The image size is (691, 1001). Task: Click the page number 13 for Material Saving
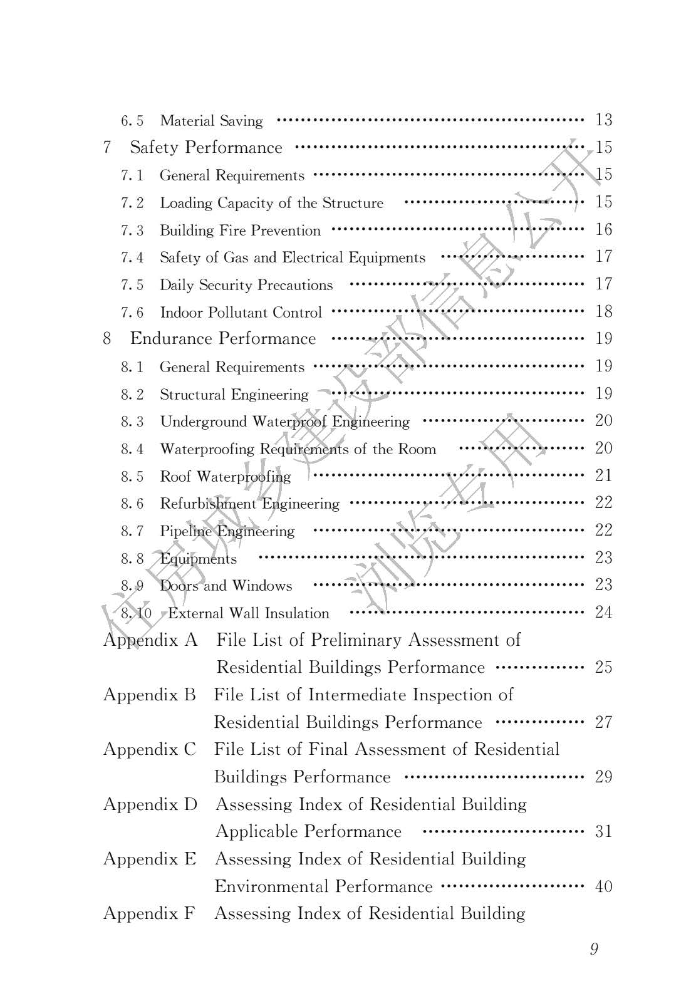point(603,120)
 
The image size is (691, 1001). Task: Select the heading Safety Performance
point(205,148)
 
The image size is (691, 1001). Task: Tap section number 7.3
point(132,231)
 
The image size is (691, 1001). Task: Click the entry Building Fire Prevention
point(240,231)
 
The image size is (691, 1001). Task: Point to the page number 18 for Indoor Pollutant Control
point(603,312)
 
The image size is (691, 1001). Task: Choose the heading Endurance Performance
point(222,339)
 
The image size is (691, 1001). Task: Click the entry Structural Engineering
point(234,395)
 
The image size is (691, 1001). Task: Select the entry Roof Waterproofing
point(225,477)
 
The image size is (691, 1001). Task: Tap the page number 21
point(603,475)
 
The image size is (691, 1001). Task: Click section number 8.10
point(136,613)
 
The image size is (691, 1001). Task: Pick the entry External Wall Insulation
point(248,613)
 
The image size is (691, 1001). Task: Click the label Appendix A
point(150,640)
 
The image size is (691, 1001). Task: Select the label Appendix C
point(150,750)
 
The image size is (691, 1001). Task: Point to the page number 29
point(603,777)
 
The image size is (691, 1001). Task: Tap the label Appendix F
point(149,914)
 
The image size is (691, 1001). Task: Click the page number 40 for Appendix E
point(603,887)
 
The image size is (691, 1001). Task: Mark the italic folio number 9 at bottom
point(594,950)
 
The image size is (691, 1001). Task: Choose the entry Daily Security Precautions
point(246,286)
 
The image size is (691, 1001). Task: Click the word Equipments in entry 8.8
point(198,559)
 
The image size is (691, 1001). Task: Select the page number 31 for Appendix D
point(603,832)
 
